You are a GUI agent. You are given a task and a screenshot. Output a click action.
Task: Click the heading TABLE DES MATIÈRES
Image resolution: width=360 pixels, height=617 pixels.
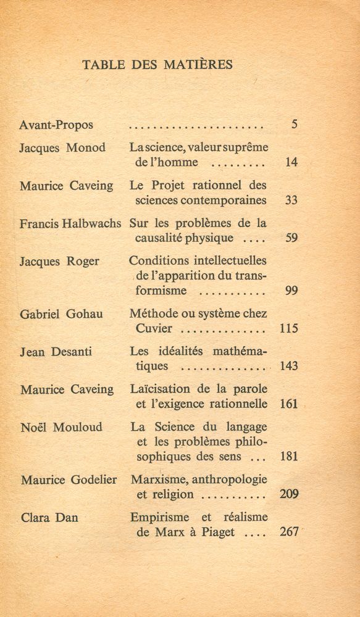157,64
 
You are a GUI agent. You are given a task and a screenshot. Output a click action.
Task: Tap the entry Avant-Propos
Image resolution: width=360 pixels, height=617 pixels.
56,125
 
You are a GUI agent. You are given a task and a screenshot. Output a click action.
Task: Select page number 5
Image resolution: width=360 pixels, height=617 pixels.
295,125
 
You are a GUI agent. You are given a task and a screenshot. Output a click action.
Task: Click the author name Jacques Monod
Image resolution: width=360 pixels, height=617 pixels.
62,148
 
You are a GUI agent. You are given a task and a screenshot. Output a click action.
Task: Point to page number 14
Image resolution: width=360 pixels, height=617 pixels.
292,163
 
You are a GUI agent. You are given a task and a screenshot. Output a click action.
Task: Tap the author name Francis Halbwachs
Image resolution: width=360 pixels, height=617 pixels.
70,223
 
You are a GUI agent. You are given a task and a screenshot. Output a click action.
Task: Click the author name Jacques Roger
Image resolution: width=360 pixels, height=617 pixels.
59,261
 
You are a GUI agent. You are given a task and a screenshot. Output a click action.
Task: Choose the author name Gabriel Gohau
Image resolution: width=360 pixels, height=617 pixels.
61,314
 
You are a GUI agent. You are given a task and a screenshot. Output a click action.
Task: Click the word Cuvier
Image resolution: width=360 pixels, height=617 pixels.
154,328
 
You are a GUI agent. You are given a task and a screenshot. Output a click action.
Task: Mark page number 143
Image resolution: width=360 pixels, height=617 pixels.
288,366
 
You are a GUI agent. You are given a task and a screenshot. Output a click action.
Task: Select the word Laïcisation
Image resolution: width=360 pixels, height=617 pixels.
162,389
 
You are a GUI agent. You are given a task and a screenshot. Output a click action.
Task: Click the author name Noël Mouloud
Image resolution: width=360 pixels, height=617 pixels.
61,427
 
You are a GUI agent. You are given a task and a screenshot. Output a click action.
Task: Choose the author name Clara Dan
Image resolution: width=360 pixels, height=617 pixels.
49,517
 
